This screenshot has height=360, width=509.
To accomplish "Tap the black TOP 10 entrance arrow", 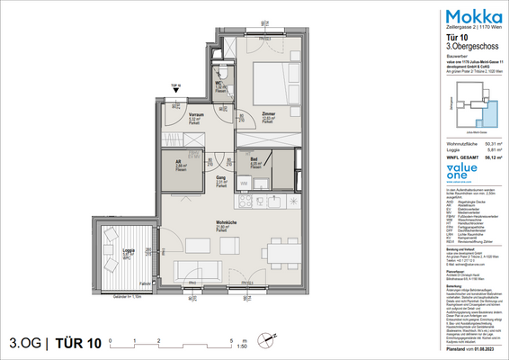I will [176, 91].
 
